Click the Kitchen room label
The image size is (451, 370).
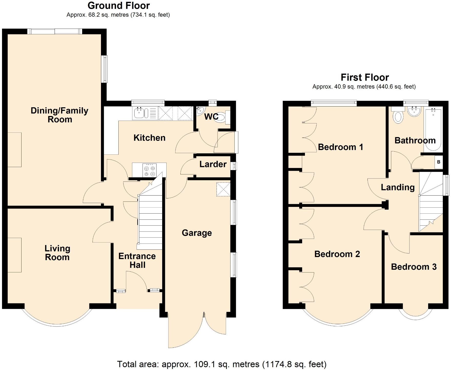(x=149, y=138)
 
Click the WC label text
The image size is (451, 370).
(x=211, y=117)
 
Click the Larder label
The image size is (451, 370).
(x=213, y=164)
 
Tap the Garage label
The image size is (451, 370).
(x=197, y=233)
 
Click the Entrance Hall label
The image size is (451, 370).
(x=137, y=261)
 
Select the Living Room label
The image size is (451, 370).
(x=57, y=253)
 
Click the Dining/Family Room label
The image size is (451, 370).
(x=59, y=115)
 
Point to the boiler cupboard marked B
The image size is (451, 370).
(x=438, y=162)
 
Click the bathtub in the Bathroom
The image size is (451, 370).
(x=433, y=129)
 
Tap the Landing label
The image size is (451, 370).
(x=398, y=187)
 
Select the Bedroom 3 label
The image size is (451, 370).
(x=414, y=267)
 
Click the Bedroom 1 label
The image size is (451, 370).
(x=340, y=147)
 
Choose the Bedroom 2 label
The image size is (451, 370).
(x=337, y=254)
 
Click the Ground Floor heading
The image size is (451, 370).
(x=119, y=6)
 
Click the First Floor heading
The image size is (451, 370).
(x=365, y=77)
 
